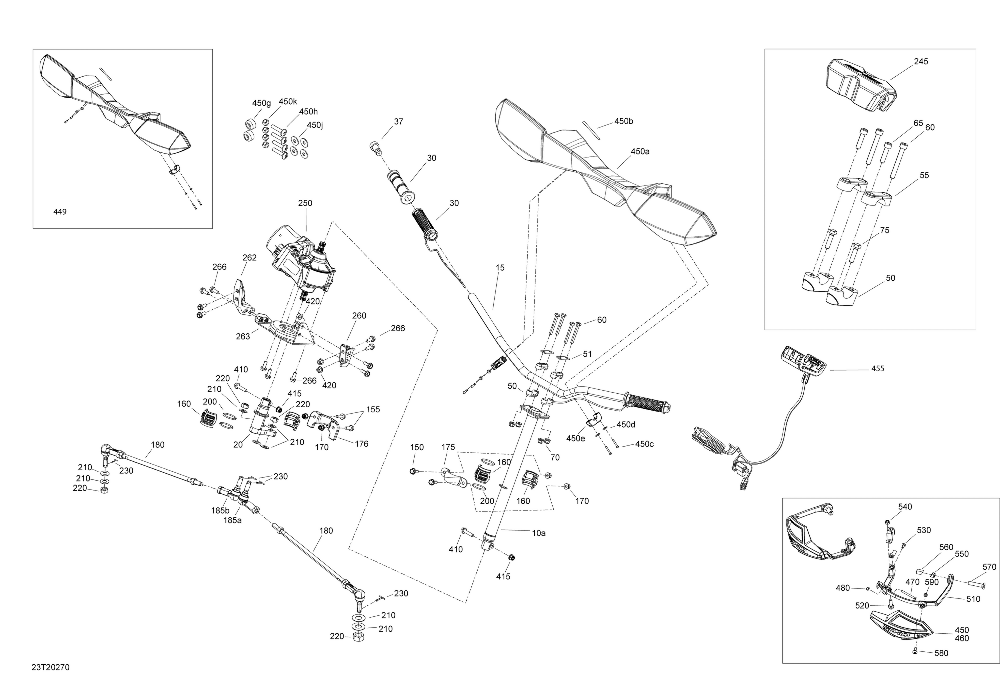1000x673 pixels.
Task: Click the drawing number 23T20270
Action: click(x=50, y=667)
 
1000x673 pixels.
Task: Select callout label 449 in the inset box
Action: click(x=60, y=211)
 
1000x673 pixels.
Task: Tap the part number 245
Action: click(x=921, y=61)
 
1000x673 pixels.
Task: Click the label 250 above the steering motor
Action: click(x=305, y=203)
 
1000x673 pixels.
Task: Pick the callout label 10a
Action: click(x=539, y=533)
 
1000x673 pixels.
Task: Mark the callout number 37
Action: click(x=398, y=122)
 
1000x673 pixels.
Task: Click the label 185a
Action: click(x=232, y=520)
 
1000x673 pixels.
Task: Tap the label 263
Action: click(x=243, y=336)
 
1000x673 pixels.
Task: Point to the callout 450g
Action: click(x=261, y=103)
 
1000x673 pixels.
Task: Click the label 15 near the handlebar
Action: click(x=500, y=268)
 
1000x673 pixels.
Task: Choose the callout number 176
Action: click(x=361, y=444)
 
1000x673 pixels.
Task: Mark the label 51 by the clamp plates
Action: click(x=587, y=354)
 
